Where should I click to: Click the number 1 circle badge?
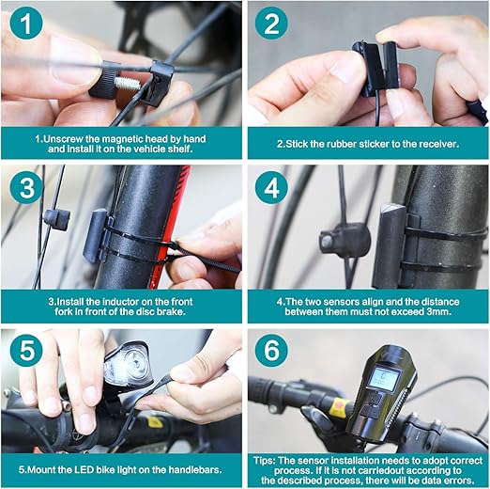pyautogui.click(x=26, y=24)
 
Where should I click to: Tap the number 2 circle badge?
pyautogui.click(x=271, y=24)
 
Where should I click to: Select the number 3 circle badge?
pyautogui.click(x=26, y=187)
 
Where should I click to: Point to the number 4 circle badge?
pyautogui.click(x=271, y=187)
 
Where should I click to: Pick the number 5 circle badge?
pyautogui.click(x=26, y=350)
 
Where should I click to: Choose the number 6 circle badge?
pyautogui.click(x=271, y=350)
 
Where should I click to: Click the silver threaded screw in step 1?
pyautogui.click(x=127, y=84)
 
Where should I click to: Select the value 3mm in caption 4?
pyautogui.click(x=439, y=312)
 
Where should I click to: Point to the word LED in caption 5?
pyautogui.click(x=84, y=470)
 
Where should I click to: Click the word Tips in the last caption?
pyautogui.click(x=264, y=461)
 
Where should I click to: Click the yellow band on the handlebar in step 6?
pyautogui.click(x=338, y=408)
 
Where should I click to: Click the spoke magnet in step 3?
pyautogui.click(x=57, y=219)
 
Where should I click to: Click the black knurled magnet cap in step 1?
pyautogui.click(x=103, y=80)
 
